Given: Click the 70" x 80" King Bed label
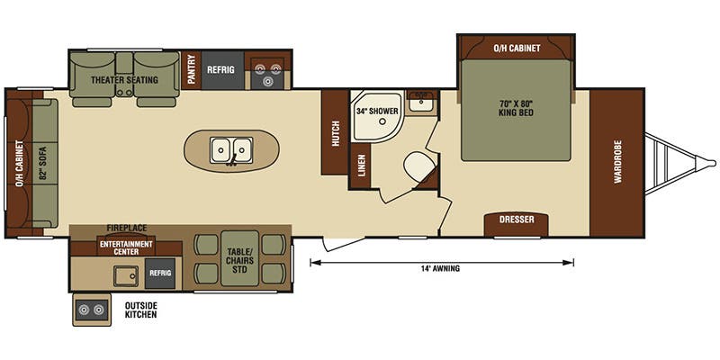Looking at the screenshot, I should tap(516, 110).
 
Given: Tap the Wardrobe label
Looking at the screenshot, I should tap(618, 163).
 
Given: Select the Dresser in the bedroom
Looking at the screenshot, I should tap(517, 220).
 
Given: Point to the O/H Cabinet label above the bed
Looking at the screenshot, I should tap(517, 48).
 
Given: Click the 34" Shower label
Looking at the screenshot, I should tap(376, 112).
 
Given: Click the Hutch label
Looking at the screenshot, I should tap(335, 132).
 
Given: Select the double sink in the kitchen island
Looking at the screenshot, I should tap(231, 148).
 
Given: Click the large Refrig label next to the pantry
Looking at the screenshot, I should tap(220, 68).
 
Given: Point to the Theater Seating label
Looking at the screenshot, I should tap(124, 80).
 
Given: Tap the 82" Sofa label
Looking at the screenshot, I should tap(42, 162).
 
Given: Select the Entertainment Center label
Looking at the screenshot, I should tap(127, 248).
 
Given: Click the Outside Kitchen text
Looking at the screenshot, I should tap(140, 310).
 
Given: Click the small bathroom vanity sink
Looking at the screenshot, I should tap(420, 103).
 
